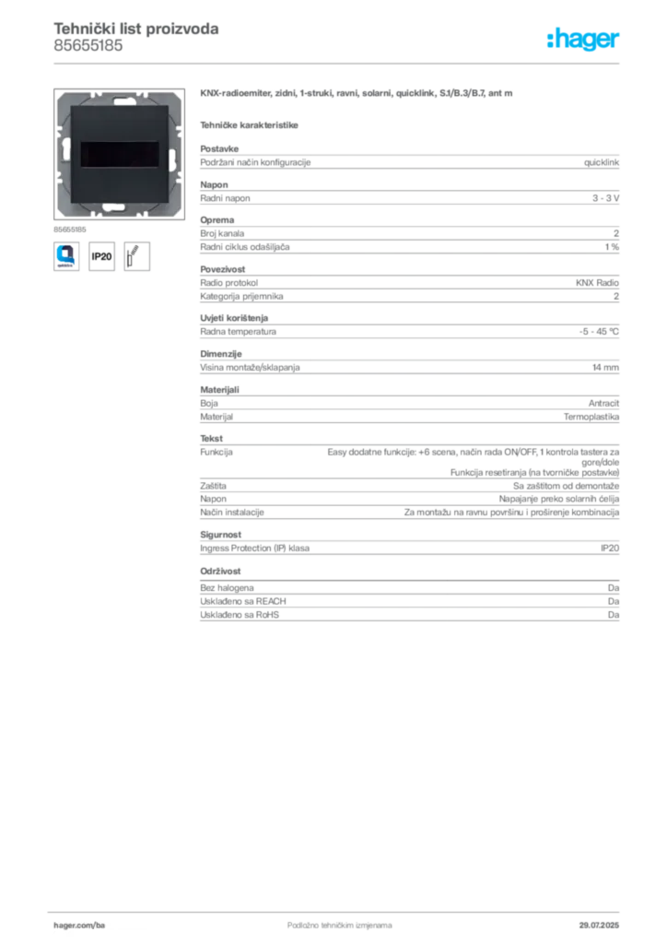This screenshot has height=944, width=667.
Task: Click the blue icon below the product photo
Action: pyautogui.click(x=67, y=255)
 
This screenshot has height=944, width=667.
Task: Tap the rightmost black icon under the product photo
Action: pyautogui.click(x=137, y=255)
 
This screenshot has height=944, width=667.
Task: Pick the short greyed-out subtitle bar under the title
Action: pyautogui.click(x=250, y=123)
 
